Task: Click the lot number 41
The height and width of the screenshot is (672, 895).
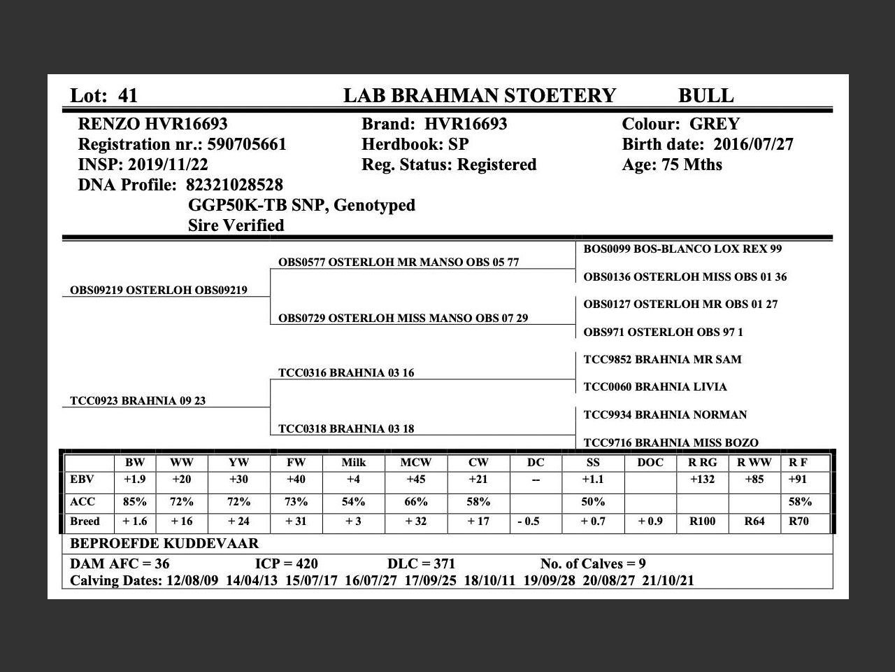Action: point(128,96)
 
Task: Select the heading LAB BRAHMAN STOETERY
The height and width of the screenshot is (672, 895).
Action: point(479,96)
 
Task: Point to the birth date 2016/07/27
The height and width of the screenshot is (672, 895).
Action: point(753,145)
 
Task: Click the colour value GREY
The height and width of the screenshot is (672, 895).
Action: point(714,125)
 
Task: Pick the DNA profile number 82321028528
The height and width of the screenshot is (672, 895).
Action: point(234,185)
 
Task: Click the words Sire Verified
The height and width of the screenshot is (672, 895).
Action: point(236,226)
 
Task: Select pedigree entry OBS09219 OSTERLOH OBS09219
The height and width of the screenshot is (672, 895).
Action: point(159,290)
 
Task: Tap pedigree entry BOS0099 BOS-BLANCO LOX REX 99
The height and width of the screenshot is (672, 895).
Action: point(682,249)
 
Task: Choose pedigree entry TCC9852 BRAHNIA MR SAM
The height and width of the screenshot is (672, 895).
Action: point(662,360)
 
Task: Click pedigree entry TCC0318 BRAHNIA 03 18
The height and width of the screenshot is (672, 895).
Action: point(346,429)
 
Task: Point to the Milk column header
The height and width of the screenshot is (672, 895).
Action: point(353,463)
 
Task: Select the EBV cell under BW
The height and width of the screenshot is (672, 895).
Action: point(134,480)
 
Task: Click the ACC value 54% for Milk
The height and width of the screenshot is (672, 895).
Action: point(353,502)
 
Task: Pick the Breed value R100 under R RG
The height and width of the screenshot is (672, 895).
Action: point(702,521)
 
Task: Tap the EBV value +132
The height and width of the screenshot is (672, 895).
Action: point(702,480)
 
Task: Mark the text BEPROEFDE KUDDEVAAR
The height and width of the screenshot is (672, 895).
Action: point(164,544)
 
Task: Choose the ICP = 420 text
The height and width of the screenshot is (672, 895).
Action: point(286,564)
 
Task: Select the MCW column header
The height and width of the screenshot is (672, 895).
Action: point(415,463)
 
